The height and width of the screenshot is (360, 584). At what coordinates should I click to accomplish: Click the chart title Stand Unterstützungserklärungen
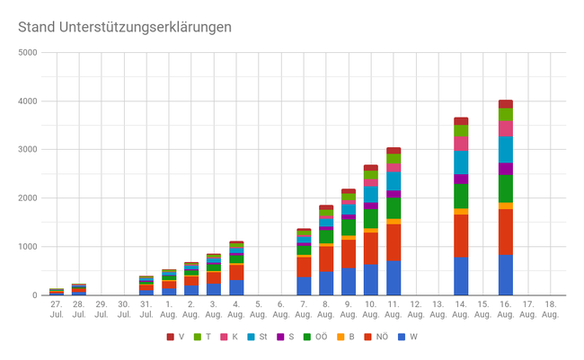(x=125, y=27)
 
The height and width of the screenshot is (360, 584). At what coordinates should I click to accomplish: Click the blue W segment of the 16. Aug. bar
(x=505, y=275)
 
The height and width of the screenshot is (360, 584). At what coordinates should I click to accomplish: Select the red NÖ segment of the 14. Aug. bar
(x=461, y=235)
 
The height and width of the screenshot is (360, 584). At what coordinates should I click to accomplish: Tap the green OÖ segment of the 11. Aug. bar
(x=393, y=207)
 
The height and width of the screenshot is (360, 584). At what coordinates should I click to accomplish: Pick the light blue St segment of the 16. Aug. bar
(x=505, y=149)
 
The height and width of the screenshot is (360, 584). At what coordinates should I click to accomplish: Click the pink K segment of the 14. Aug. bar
(x=461, y=143)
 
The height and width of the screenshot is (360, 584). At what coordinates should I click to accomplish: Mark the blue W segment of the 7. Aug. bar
(x=304, y=285)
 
